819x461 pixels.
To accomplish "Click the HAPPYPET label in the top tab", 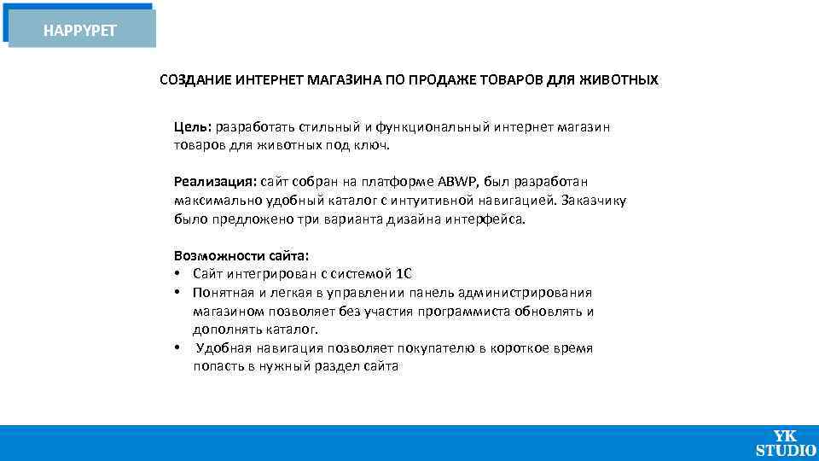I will tap(81, 31).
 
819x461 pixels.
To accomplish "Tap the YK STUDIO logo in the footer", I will tap(785, 443).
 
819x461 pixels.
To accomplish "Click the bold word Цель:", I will tap(194, 127).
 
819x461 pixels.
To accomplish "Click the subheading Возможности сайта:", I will tap(241, 255).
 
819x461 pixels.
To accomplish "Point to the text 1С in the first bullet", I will tap(404, 274).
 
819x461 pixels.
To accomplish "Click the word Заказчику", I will tap(595, 201).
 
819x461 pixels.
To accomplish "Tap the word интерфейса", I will tap(491, 219).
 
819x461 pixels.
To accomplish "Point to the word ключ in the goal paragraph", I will tap(369, 145).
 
